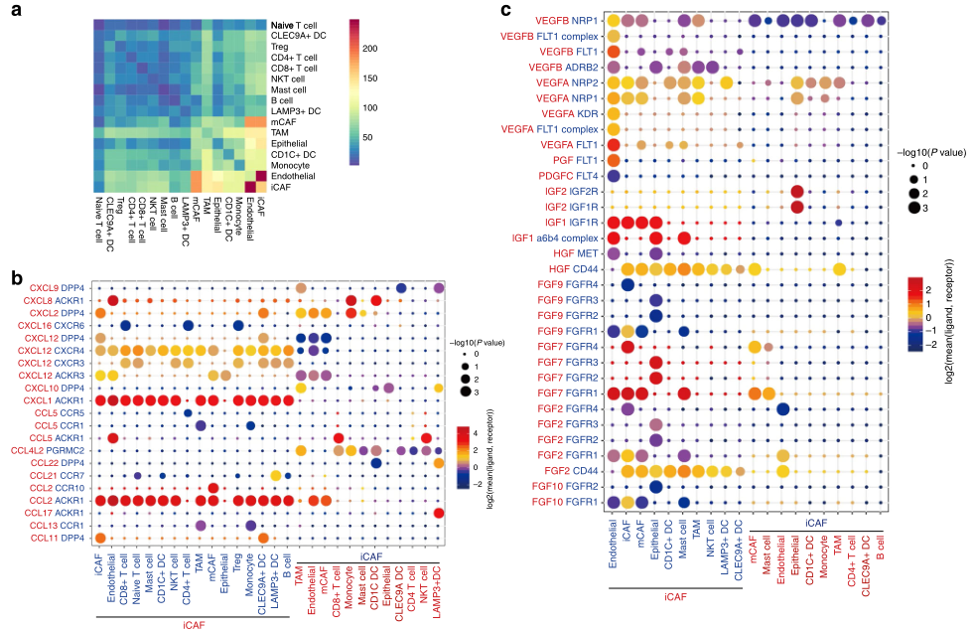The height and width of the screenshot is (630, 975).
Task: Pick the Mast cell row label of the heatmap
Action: pyautogui.click(x=287, y=89)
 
